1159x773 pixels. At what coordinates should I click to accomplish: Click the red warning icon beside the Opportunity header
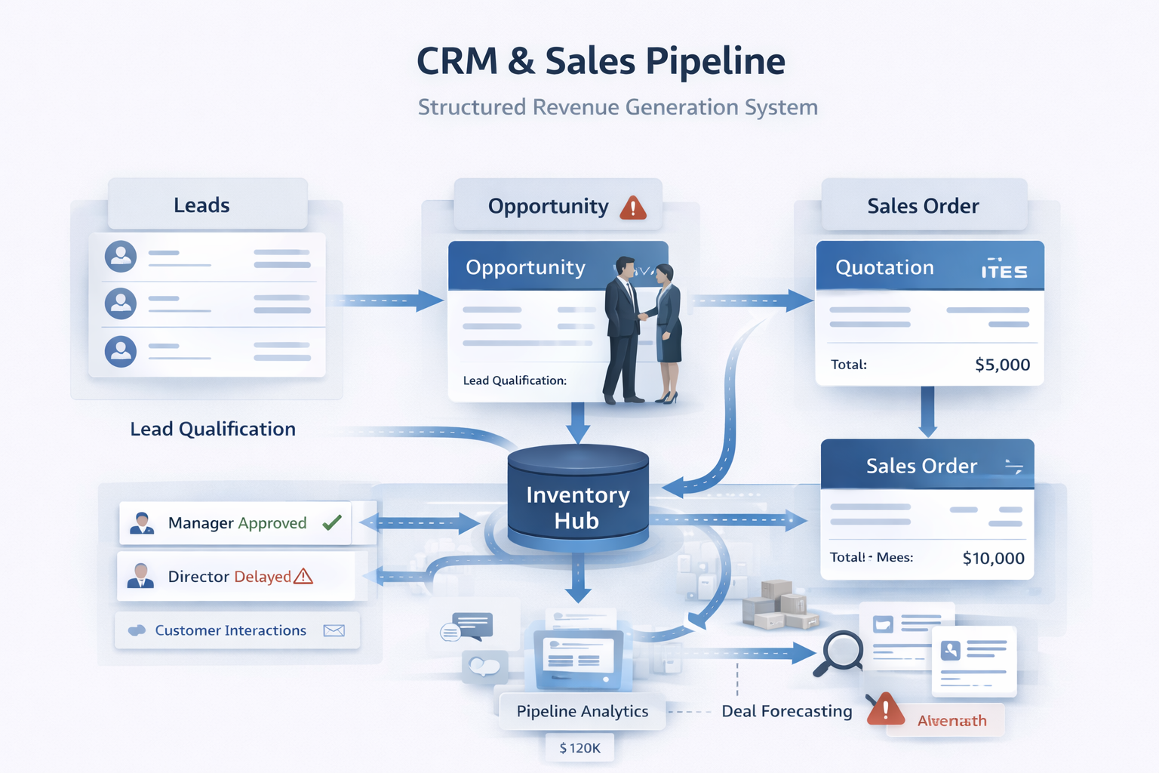(x=633, y=207)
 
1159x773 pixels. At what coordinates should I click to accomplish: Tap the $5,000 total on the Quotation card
(x=1002, y=365)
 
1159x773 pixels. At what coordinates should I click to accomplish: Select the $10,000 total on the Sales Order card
(x=993, y=559)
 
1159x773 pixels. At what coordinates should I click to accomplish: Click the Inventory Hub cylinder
(x=578, y=499)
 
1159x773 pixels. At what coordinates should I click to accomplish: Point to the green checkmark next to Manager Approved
(x=332, y=522)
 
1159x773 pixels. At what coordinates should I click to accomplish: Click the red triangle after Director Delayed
(x=303, y=577)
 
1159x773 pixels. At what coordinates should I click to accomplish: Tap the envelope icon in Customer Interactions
(x=334, y=631)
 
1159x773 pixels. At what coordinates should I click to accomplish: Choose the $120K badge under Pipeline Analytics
(x=579, y=748)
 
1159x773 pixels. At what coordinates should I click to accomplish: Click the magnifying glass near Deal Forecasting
(x=839, y=651)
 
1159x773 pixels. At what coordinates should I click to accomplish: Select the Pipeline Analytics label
(x=582, y=711)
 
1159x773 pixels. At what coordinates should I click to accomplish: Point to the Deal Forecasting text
(x=786, y=711)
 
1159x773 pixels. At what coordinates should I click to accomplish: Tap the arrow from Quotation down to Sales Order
(x=927, y=412)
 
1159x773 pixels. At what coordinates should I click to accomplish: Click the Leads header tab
(x=201, y=205)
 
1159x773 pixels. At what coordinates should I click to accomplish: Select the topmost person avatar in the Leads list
(x=121, y=257)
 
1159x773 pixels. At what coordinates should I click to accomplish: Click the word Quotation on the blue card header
(x=884, y=268)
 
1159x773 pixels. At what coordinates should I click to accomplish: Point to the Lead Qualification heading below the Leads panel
(x=213, y=430)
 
